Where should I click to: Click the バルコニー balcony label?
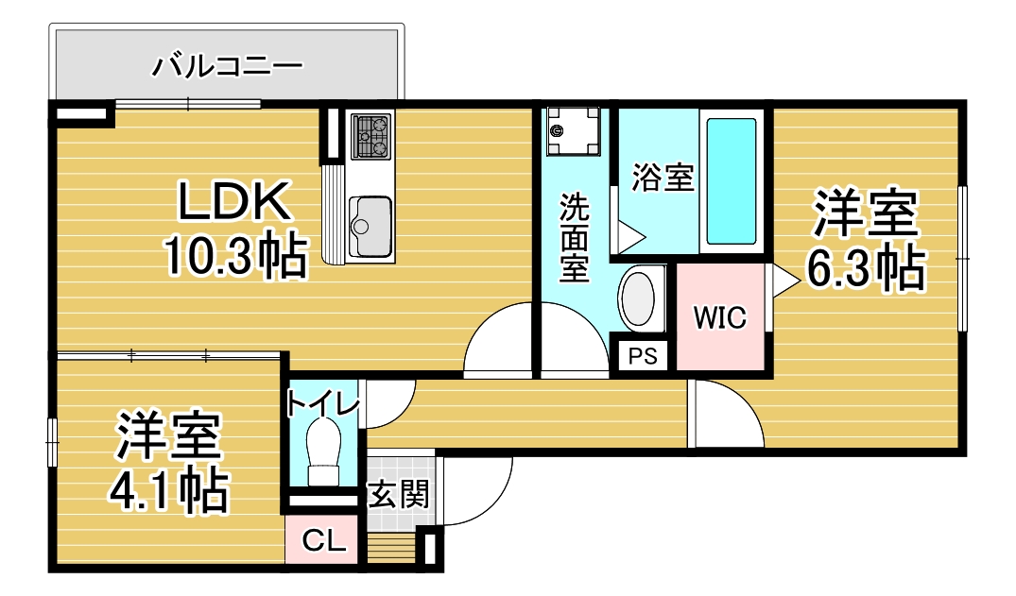pyautogui.click(x=228, y=65)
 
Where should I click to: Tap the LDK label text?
pyautogui.click(x=233, y=201)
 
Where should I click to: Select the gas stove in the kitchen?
pyautogui.click(x=371, y=136)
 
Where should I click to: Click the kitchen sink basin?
pyautogui.click(x=370, y=227)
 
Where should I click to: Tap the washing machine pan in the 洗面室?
pyautogui.click(x=573, y=131)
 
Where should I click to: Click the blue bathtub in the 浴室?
pyautogui.click(x=731, y=181)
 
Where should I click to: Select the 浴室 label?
pyautogui.click(x=663, y=177)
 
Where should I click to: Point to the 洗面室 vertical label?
pyautogui.click(x=574, y=237)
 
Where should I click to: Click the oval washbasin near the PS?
pyautogui.click(x=640, y=298)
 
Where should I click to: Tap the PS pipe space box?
pyautogui.click(x=643, y=356)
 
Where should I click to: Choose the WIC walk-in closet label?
pyautogui.click(x=720, y=317)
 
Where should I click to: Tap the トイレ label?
pyautogui.click(x=322, y=404)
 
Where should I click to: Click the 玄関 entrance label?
pyautogui.click(x=399, y=496)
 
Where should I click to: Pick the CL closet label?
pyautogui.click(x=324, y=540)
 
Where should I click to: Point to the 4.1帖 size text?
pyautogui.click(x=169, y=490)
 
